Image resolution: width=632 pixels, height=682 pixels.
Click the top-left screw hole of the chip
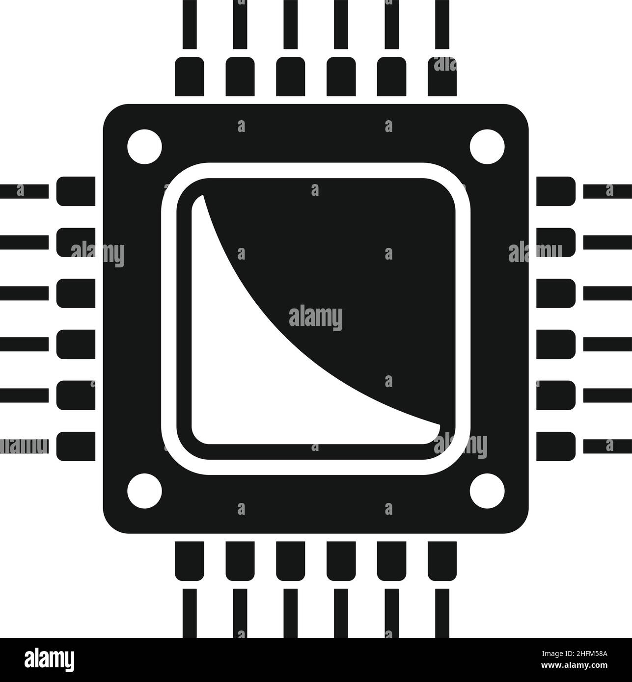(x=144, y=146)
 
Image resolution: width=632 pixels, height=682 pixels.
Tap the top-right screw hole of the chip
(x=487, y=146)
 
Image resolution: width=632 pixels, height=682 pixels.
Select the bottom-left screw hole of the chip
(x=144, y=490)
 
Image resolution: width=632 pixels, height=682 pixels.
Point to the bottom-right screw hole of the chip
(x=487, y=490)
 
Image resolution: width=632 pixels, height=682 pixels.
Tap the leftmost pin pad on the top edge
(x=190, y=76)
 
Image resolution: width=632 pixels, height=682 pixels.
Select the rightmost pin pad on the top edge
(x=442, y=76)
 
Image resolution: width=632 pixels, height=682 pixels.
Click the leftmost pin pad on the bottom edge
(x=190, y=560)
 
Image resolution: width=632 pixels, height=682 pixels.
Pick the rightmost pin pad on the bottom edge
(x=442, y=560)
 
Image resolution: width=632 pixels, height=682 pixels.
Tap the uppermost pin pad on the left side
(x=76, y=191)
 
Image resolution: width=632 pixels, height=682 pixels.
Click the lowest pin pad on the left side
(x=76, y=446)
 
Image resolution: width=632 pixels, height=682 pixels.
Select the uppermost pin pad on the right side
(x=555, y=191)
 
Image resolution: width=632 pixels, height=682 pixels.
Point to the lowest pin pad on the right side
(x=555, y=446)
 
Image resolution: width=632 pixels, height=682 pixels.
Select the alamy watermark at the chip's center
(x=316, y=318)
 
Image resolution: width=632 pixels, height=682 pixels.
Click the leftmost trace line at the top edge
(x=190, y=25)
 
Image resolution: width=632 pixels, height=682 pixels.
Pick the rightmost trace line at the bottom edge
(x=442, y=613)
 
